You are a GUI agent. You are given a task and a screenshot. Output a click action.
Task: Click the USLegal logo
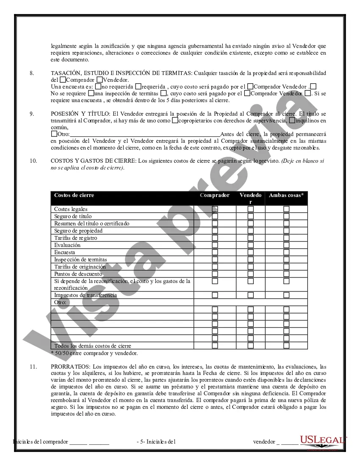323,441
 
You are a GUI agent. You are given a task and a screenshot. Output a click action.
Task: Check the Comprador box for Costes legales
215,209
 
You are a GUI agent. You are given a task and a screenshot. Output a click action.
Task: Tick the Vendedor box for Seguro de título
251,216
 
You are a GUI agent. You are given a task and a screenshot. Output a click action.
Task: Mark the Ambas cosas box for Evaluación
286,245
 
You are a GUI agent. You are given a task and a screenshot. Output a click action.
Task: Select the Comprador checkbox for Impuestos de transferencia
215,295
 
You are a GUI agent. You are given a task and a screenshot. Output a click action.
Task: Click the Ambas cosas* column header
286,195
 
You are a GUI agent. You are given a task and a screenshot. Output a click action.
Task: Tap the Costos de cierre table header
74,195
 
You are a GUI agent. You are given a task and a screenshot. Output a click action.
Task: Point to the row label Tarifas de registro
75,238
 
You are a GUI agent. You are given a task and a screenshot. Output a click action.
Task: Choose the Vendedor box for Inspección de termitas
251,259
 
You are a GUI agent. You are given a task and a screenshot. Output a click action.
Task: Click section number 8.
32,73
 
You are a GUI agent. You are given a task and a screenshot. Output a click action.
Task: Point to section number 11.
33,366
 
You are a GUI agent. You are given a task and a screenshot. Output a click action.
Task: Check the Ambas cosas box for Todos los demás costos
286,346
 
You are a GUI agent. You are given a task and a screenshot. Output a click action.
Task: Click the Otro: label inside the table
61,302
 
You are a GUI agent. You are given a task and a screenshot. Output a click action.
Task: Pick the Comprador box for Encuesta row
215,252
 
